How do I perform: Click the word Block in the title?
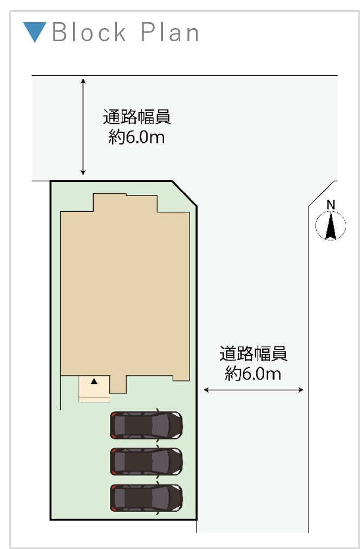(89, 32)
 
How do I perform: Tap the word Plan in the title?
(169, 32)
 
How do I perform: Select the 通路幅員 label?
(137, 117)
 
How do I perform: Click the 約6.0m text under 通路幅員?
(136, 137)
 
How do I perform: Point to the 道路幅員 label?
(253, 354)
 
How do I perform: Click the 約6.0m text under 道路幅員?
(253, 374)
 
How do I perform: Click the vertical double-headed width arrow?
(83, 127)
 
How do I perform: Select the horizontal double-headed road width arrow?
(253, 390)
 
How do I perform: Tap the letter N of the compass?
(331, 205)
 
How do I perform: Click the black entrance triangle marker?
(94, 381)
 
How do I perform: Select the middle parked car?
(146, 461)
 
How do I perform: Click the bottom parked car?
(146, 498)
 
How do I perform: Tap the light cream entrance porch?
(94, 389)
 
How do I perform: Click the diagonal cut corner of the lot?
(185, 193)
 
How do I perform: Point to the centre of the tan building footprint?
(125, 291)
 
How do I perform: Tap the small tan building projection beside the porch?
(118, 384)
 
